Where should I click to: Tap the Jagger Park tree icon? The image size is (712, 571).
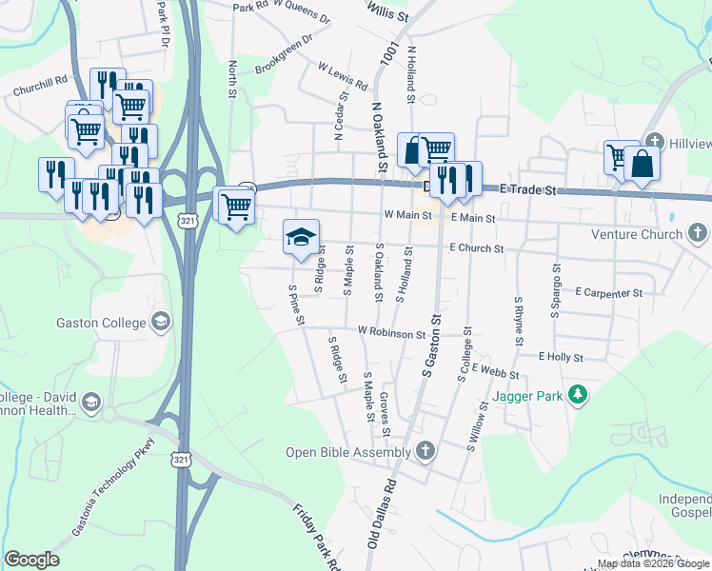point(576,394)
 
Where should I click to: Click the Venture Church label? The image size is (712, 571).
point(637,234)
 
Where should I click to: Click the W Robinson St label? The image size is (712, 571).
point(391,333)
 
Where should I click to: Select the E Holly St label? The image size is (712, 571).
point(560,357)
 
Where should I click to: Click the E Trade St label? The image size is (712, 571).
point(528,191)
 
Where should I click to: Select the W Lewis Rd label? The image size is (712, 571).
point(343,76)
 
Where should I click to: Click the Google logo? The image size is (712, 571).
point(31,560)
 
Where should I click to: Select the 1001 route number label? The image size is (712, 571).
point(387,53)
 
